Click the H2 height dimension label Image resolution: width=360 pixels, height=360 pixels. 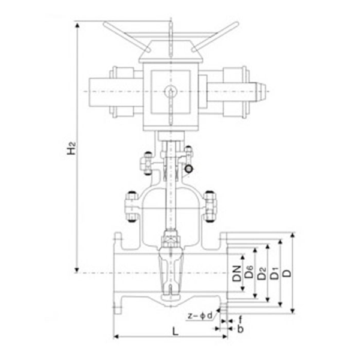tap(71, 148)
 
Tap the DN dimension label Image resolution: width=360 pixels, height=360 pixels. tap(237, 274)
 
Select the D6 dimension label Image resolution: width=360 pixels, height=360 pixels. tap(249, 272)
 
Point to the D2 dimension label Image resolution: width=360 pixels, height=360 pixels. tap(262, 273)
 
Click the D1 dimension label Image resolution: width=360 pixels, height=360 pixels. tap(274, 273)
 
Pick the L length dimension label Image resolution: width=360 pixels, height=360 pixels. tap(175, 331)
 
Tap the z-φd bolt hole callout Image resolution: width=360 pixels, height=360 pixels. tap(200, 316)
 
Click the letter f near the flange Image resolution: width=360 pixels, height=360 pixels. tap(240, 319)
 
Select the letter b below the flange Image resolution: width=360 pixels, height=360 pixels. tap(240, 329)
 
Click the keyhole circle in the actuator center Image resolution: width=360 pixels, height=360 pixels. tap(171, 91)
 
